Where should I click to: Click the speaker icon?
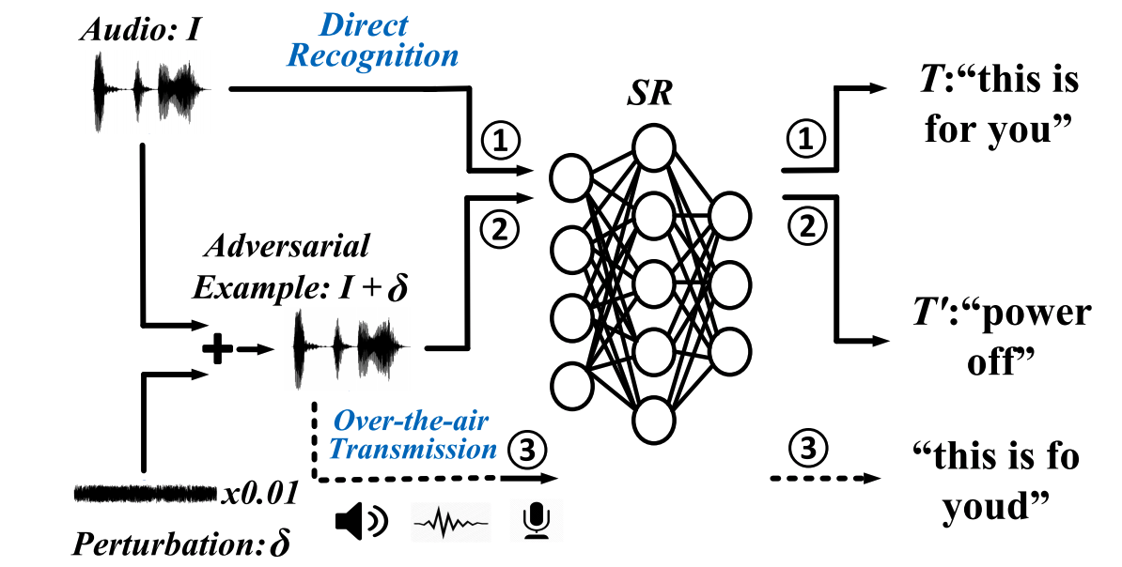[x=361, y=522]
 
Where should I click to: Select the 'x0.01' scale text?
[x=262, y=491]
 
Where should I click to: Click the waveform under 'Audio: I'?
[x=148, y=92]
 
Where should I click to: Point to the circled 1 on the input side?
[x=503, y=141]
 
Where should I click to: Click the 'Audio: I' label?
[x=140, y=31]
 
